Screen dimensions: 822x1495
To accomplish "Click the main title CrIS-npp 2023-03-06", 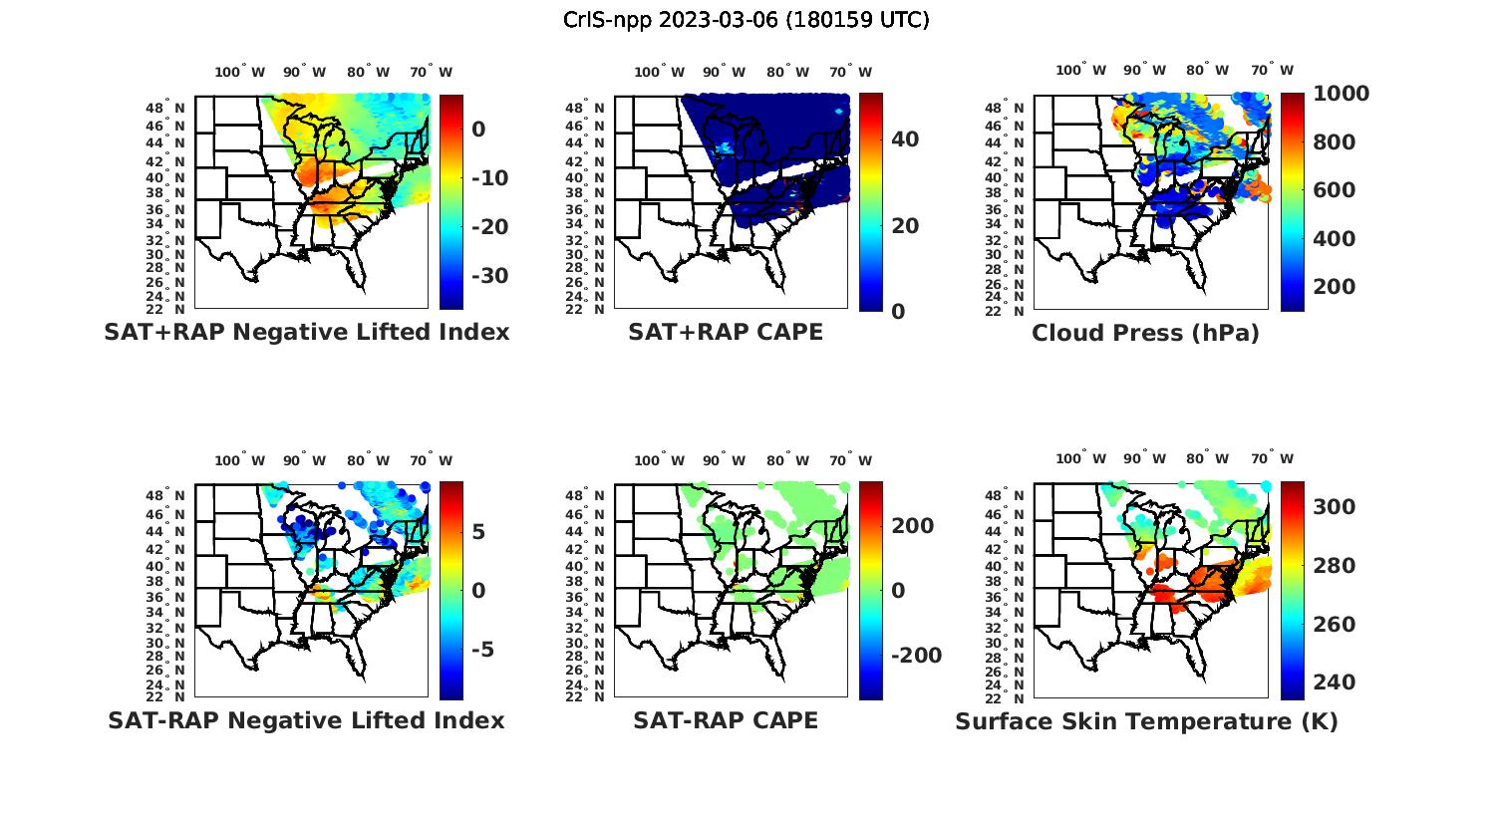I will [746, 20].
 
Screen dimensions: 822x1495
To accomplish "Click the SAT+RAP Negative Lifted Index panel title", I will [306, 332].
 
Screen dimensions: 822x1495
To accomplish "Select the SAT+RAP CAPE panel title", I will [726, 332].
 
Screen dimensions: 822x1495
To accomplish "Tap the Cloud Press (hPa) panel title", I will [1145, 333].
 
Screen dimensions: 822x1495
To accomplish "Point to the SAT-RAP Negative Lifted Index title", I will [306, 720].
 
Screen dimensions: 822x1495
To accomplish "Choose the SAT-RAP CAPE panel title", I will [726, 720].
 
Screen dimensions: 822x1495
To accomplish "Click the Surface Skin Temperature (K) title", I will [1146, 721].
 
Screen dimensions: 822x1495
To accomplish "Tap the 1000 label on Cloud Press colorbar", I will [1341, 94].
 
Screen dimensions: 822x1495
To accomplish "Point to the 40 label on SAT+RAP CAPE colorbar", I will [905, 139].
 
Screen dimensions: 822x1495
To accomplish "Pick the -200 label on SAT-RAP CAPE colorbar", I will [915, 656].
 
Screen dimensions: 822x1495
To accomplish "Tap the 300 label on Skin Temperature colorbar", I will [1335, 507].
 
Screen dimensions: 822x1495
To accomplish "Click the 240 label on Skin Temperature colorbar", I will [1335, 683].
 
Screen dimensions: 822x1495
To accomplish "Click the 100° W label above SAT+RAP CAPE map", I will [660, 72].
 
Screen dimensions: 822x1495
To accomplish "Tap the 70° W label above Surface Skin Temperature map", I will [1272, 459].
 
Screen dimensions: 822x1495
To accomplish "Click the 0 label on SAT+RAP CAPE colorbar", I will [898, 311].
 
